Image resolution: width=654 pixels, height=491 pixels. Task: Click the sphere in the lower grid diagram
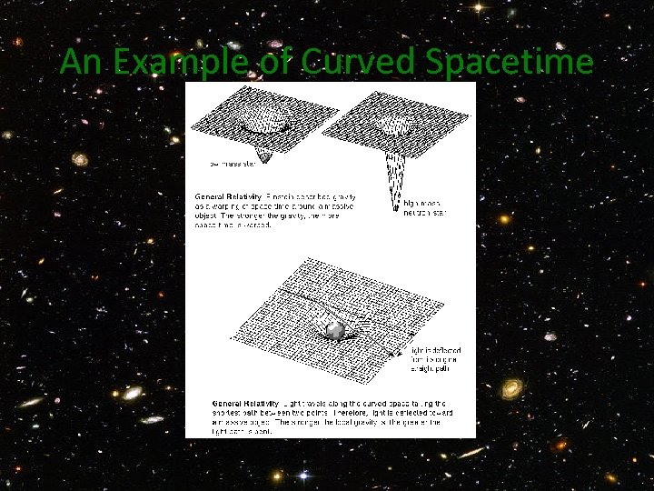click(334, 330)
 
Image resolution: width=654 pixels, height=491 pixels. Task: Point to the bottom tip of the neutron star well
click(395, 210)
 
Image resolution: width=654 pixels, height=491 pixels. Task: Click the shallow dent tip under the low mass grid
click(264, 161)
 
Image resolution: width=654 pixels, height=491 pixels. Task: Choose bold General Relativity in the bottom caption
click(243, 403)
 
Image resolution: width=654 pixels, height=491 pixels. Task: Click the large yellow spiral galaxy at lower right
click(512, 388)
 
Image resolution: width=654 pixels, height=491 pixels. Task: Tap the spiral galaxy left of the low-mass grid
click(80, 159)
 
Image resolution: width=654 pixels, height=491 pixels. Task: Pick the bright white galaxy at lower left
click(133, 392)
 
